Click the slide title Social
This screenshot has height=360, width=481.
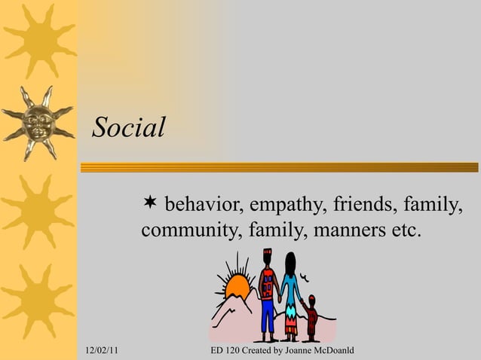tap(128, 127)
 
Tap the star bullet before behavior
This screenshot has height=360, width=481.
tap(150, 202)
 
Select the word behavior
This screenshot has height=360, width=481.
tap(201, 204)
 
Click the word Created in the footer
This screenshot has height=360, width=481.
tap(259, 352)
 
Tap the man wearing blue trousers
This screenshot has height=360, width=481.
tap(268, 297)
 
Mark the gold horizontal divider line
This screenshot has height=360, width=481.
tap(279, 167)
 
